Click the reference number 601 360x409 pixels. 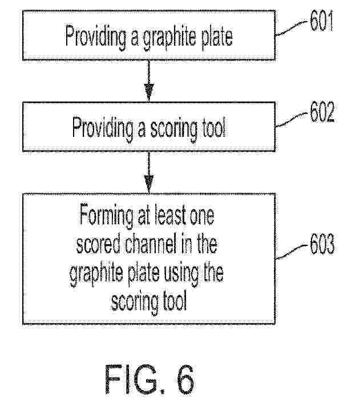pos(321,21)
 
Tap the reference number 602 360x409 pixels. pos(322,112)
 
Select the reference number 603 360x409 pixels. pos(322,244)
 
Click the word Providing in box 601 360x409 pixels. pos(96,37)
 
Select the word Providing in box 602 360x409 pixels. pos(103,129)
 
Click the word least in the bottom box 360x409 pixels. pos(171,215)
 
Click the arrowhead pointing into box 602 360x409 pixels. pos(149,92)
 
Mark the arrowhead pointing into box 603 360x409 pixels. pos(149,183)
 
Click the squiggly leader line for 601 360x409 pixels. pos(292,28)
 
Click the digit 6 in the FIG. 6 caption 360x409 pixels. pos(184,379)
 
